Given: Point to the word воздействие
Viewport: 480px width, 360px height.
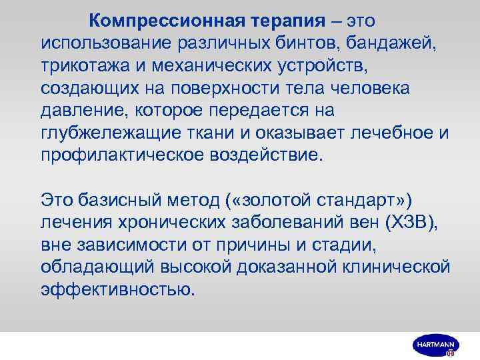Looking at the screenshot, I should coord(266,156).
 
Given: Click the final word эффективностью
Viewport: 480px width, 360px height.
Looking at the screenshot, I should coord(118,289).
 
